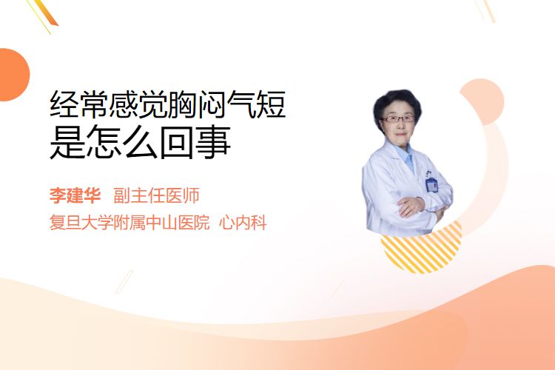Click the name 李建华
click(x=75, y=196)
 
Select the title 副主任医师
click(x=156, y=196)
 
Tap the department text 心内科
click(x=243, y=223)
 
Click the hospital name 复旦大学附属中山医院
click(x=129, y=223)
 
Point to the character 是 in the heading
click(x=68, y=142)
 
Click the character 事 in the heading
click(x=213, y=142)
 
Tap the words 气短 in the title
click(x=256, y=104)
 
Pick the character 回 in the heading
click(x=176, y=142)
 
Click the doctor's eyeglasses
click(x=398, y=118)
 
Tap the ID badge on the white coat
click(x=431, y=184)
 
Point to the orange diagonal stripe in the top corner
click(x=46, y=13)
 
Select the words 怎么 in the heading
click(x=122, y=142)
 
